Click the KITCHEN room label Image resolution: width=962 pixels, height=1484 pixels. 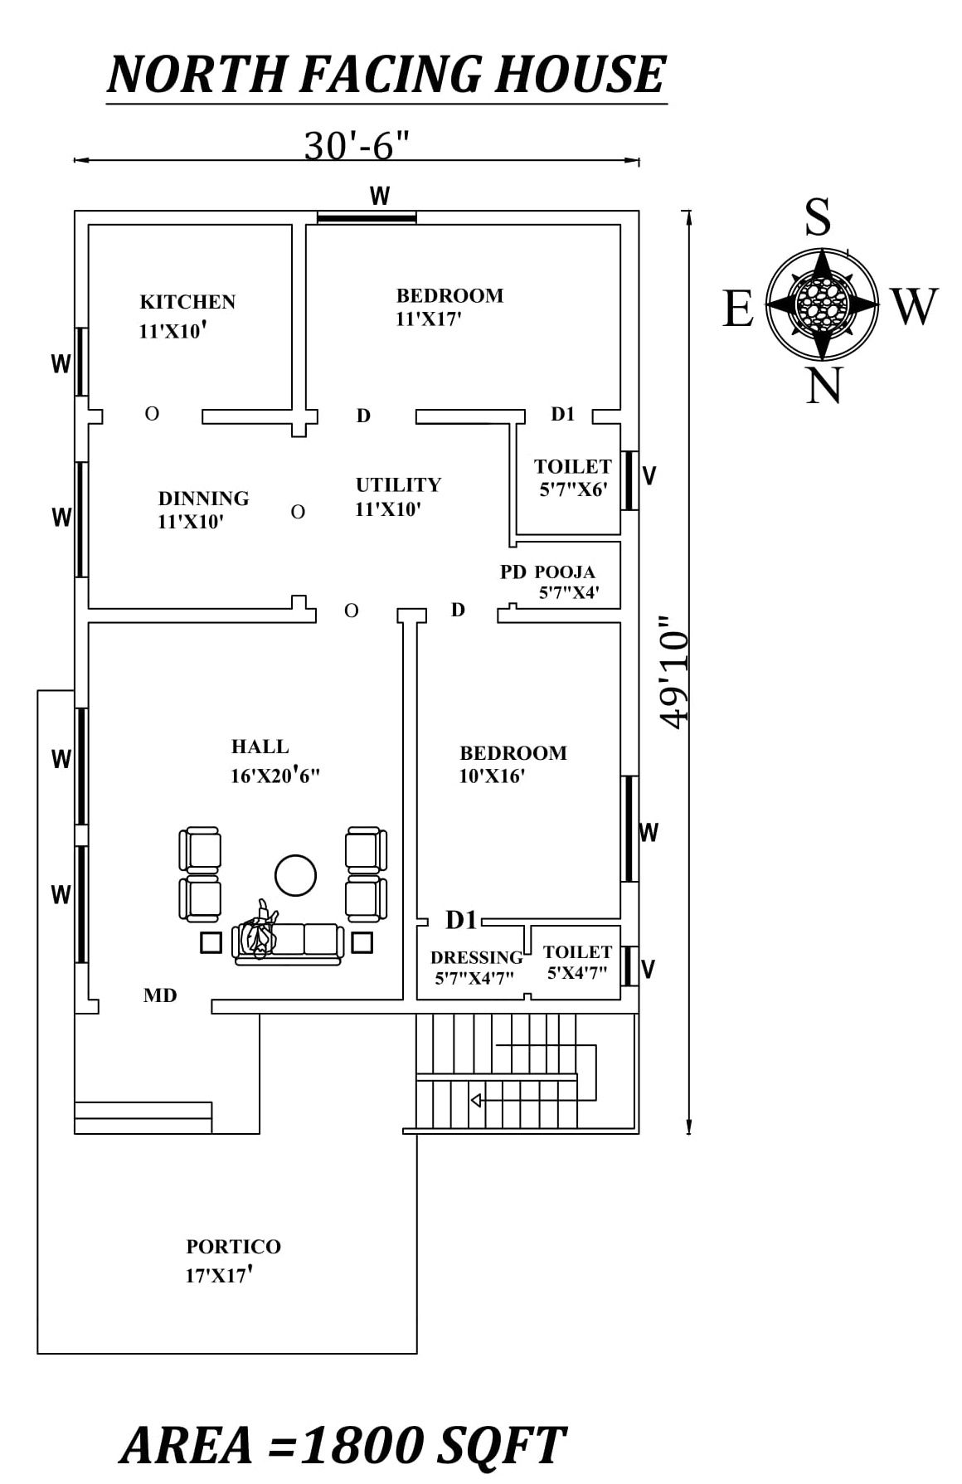(187, 302)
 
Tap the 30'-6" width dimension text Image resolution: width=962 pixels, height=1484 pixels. (357, 146)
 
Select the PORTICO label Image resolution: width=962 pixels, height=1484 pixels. (233, 1247)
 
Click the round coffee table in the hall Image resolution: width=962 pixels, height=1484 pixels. (295, 875)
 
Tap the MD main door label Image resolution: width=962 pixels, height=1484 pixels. (160, 995)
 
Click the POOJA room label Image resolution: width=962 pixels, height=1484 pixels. (565, 572)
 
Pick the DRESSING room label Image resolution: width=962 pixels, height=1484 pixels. (476, 957)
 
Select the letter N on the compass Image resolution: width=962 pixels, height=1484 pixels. (824, 386)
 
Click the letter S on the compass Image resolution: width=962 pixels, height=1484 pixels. (818, 218)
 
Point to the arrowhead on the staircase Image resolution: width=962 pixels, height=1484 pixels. (476, 1100)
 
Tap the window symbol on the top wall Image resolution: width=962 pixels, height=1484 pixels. (367, 218)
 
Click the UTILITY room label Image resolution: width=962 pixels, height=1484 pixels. (398, 484)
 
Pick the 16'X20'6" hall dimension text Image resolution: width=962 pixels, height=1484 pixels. (275, 776)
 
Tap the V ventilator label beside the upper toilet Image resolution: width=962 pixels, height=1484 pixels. (650, 475)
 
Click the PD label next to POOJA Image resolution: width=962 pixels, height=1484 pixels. (513, 572)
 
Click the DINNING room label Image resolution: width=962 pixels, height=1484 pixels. (203, 499)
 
